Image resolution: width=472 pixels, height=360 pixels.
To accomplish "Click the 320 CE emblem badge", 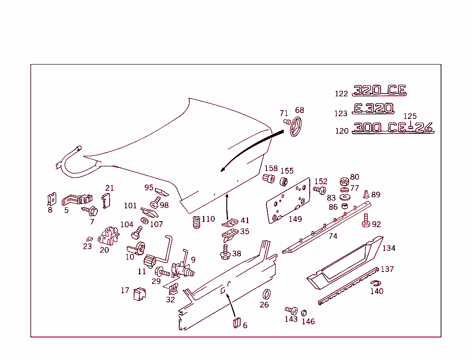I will (379, 90).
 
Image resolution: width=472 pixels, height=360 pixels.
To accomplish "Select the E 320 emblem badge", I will (374, 108).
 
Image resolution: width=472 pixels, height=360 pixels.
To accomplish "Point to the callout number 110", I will (208, 219).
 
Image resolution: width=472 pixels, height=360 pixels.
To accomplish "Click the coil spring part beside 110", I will (195, 224).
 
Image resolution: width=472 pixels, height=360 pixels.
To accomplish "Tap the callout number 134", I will (389, 248).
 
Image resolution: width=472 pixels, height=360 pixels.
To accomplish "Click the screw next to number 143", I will (290, 310).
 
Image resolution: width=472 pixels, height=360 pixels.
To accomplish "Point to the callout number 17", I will (125, 290).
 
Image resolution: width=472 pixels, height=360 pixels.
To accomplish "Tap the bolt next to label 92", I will (366, 220).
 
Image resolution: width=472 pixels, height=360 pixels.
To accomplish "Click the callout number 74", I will (333, 236).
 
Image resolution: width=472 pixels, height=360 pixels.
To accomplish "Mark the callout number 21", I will (109, 188).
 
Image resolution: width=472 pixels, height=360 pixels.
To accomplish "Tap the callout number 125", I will (410, 117).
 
